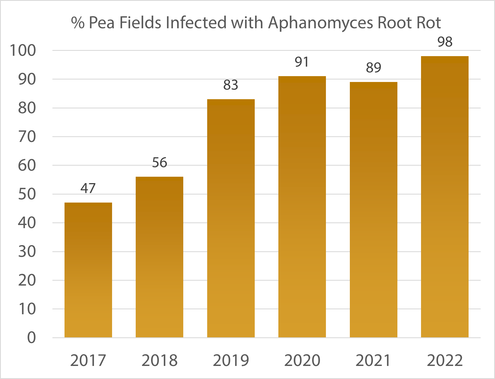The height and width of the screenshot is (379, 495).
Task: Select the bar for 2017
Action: [88, 270]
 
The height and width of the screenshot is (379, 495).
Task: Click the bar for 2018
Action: [159, 257]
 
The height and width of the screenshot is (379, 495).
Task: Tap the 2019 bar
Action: [231, 218]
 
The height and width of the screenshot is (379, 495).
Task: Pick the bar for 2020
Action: [302, 207]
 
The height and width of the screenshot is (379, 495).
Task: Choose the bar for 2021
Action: [373, 210]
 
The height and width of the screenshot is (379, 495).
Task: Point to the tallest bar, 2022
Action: [445, 197]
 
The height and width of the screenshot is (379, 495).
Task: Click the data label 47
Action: [88, 188]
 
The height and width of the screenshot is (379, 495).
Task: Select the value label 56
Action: [159, 163]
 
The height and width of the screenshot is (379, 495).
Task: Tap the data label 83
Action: [231, 85]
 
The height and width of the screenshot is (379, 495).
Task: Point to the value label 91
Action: [302, 62]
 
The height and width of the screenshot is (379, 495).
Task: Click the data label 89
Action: [373, 68]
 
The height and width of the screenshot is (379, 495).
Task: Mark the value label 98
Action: [445, 42]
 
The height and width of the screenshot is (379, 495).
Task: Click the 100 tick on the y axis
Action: [23, 51]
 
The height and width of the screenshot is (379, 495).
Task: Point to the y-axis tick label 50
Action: [27, 194]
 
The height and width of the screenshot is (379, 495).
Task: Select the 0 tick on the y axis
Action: [31, 338]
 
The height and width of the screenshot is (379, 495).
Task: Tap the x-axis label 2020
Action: [302, 360]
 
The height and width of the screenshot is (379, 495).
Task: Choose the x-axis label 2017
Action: [88, 360]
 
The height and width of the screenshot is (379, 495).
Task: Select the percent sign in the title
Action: [78, 23]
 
